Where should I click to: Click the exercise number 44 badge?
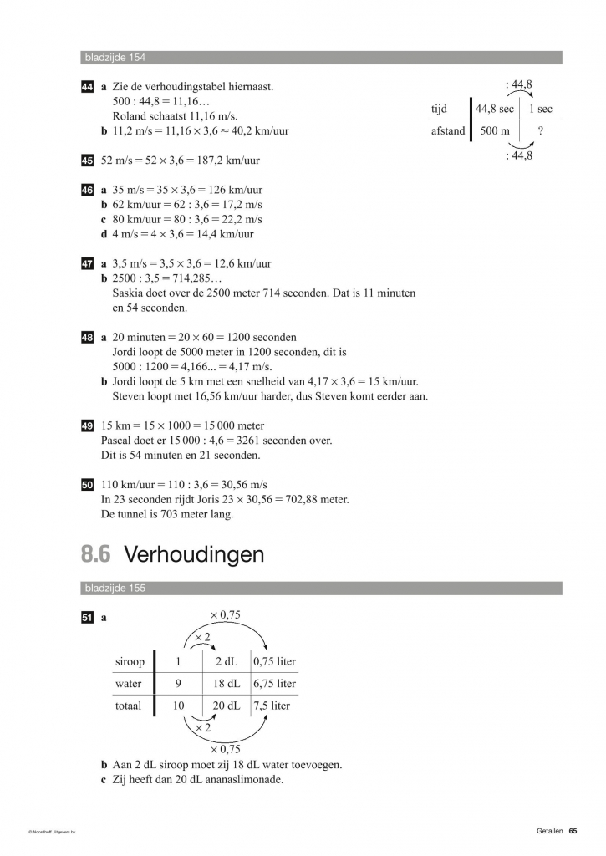pos(87,87)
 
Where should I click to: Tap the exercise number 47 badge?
pos(87,263)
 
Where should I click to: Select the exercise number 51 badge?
pos(87,618)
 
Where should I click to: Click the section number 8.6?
pos(96,554)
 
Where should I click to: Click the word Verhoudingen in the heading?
pos(194,554)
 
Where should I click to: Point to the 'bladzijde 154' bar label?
pos(115,58)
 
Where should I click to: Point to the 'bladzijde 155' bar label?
pos(115,588)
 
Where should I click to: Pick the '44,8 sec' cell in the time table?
pos(494,110)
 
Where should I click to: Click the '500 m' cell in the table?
pos(494,131)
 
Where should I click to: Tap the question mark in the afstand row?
pos(541,131)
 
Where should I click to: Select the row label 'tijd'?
pos(439,110)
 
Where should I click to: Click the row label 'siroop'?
pos(130,661)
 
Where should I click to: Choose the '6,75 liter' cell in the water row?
pos(274,683)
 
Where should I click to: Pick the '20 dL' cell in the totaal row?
pos(227,706)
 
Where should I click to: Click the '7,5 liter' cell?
pos(271,706)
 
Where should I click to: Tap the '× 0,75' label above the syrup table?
pos(225,614)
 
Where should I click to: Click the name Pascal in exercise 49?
pos(116,441)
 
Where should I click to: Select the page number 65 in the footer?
pos(573,830)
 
